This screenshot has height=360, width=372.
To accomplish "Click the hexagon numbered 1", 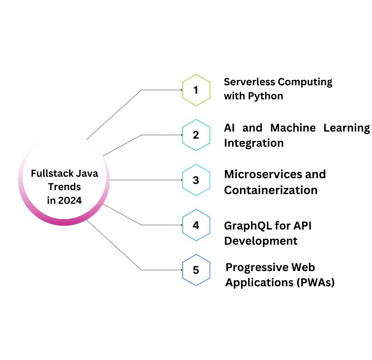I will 196,90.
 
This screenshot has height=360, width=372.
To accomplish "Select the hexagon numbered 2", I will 196,135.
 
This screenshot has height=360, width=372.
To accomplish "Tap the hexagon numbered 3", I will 196,180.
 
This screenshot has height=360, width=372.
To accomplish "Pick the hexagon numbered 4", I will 196,225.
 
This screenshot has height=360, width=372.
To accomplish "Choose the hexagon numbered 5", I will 196,270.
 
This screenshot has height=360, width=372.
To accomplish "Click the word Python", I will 266,97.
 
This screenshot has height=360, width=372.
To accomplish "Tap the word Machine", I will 293,128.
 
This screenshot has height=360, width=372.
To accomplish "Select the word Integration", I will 254,143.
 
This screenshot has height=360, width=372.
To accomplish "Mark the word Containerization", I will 271,190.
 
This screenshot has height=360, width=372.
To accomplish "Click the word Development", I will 261,241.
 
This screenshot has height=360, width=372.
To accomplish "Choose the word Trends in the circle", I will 64,187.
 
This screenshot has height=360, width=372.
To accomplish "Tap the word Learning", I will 347,128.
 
